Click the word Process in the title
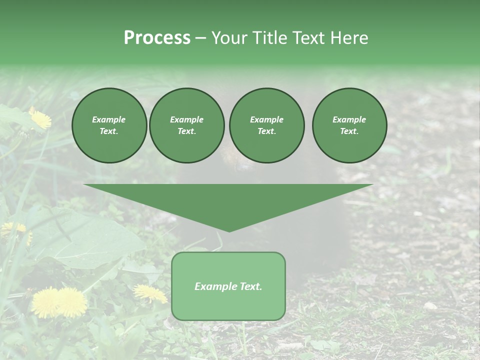(x=157, y=38)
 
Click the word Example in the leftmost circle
(x=109, y=119)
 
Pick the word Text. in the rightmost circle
(x=349, y=131)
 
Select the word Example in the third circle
(x=266, y=119)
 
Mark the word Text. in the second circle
(x=186, y=131)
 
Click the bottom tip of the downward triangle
(x=228, y=230)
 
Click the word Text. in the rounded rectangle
(x=251, y=286)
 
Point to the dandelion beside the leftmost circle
(x=40, y=118)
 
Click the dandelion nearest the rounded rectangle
(x=150, y=293)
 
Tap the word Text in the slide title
(x=310, y=38)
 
